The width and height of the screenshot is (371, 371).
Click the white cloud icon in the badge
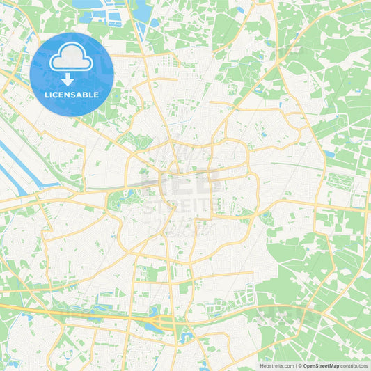(72, 58)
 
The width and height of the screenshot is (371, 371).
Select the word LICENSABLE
(72, 94)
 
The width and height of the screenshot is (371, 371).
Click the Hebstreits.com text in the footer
(276, 365)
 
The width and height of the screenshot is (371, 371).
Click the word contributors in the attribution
(353, 365)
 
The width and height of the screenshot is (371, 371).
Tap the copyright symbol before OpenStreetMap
(300, 365)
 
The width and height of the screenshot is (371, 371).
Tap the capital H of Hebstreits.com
(261, 365)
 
